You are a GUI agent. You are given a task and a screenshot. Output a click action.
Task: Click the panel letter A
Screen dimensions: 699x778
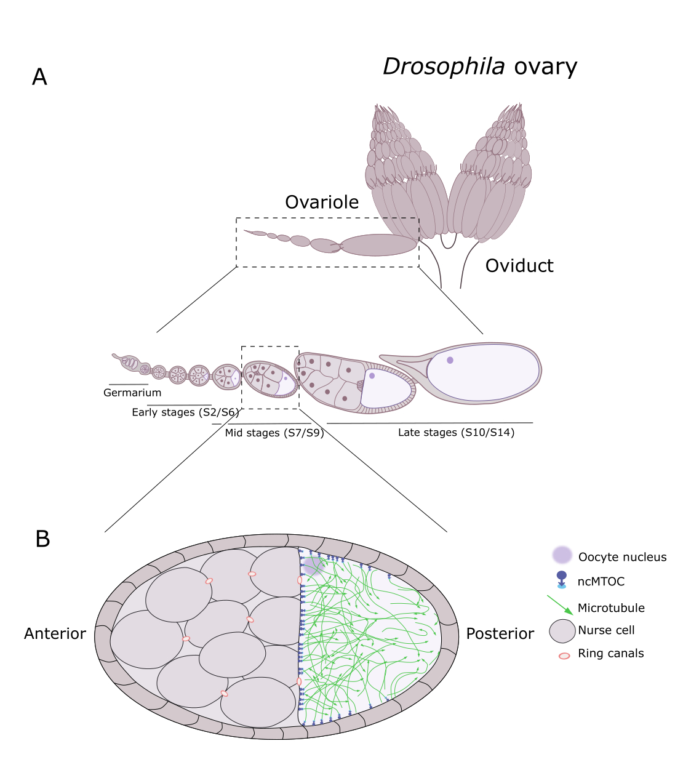[39, 77]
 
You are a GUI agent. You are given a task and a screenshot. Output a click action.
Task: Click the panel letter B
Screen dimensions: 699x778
[42, 539]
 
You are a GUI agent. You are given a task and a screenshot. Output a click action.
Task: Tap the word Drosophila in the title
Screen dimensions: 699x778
[444, 66]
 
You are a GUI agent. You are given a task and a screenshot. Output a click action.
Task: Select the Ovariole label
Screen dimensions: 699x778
[322, 202]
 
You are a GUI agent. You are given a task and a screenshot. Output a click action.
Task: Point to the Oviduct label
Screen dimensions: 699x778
[519, 266]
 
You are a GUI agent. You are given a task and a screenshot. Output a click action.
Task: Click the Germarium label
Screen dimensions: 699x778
[132, 393]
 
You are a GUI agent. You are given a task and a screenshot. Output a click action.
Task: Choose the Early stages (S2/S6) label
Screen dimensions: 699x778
[185, 412]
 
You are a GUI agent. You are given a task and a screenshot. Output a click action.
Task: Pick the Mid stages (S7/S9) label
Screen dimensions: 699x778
[274, 433]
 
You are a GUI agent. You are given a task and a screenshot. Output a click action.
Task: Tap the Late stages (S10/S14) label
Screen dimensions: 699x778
[456, 433]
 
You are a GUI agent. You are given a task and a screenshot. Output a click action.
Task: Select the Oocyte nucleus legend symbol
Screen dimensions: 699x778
[562, 555]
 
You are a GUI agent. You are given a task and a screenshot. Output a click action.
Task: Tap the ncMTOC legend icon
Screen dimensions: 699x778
[561, 580]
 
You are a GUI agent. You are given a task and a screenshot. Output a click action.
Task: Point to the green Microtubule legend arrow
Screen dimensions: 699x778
[560, 604]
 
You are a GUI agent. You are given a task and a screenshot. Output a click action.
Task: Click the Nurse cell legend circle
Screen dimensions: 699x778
[562, 631]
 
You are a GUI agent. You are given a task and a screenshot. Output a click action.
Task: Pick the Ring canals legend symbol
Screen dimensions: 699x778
[564, 656]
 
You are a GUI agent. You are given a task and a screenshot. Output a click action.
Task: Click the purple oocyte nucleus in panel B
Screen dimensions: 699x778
[313, 567]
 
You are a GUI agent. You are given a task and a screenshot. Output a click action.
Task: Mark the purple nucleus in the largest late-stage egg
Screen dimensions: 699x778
[450, 360]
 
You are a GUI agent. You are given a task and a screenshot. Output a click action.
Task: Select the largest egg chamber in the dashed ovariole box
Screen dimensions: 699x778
[378, 245]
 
